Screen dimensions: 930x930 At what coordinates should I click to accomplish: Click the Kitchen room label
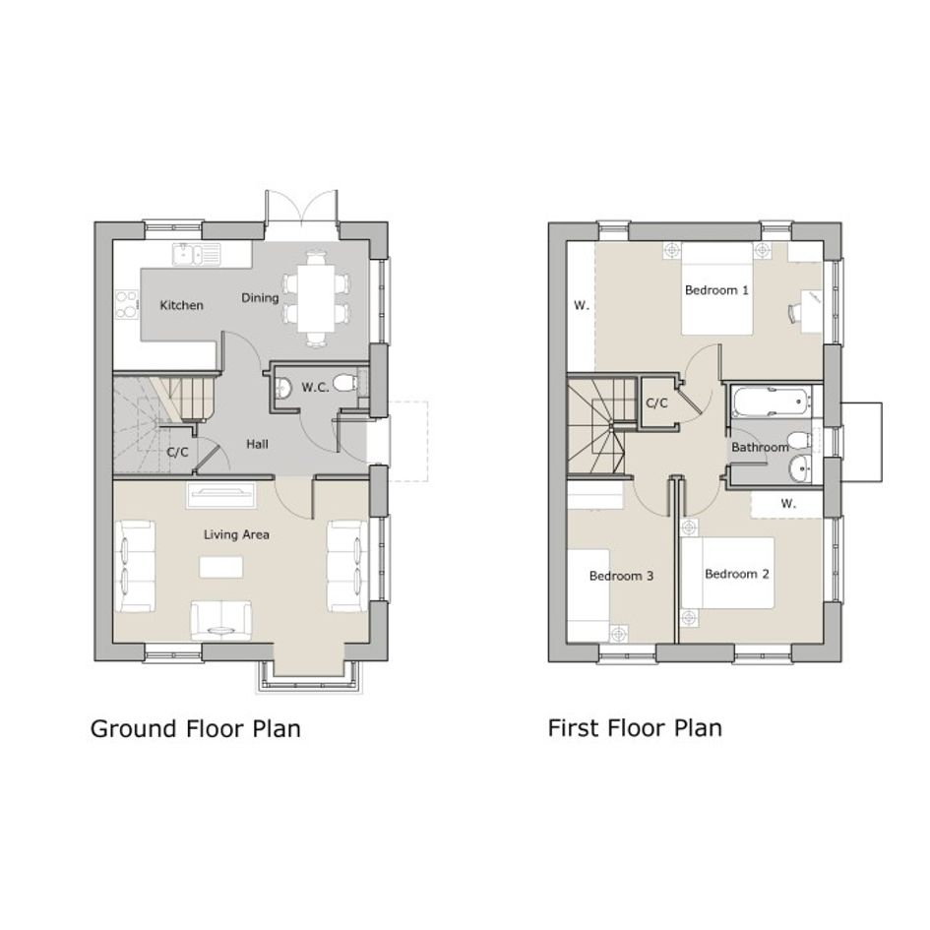tap(181, 305)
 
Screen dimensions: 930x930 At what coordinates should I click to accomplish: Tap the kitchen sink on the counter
tap(196, 254)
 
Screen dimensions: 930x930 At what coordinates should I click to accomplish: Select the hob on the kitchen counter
tap(126, 304)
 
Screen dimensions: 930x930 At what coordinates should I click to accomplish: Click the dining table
tap(315, 298)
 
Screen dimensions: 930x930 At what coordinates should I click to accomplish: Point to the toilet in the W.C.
tap(344, 383)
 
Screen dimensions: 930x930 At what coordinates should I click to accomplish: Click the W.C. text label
tap(315, 388)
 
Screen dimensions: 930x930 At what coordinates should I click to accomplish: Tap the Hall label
tap(258, 444)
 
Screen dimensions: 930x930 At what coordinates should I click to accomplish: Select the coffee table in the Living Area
tap(220, 567)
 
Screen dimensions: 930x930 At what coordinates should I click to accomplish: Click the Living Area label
tap(236, 534)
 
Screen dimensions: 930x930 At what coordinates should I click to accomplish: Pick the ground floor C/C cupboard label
tap(177, 453)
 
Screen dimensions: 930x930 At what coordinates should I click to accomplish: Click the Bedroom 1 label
tap(716, 290)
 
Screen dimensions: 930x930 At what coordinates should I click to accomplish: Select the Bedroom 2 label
tap(737, 574)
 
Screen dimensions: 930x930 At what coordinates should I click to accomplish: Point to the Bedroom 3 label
tap(621, 576)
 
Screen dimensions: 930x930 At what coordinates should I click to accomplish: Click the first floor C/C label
tap(656, 403)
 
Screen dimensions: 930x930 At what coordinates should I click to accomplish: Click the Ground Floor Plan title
tap(196, 729)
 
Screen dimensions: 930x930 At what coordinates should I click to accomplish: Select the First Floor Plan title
tap(635, 727)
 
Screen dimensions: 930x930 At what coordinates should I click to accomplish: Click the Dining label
tap(260, 298)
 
